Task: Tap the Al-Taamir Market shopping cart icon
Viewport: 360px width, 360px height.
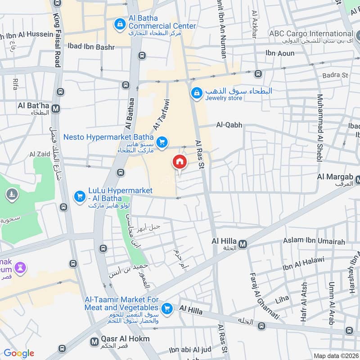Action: pos(167,308)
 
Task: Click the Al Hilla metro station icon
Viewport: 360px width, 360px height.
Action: pos(243,244)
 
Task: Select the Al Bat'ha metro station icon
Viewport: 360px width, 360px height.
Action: pos(56,108)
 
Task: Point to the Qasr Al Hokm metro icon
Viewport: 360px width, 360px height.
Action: pos(95,342)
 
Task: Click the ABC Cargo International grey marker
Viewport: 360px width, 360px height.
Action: pos(347,34)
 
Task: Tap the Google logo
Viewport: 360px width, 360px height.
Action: pos(19,353)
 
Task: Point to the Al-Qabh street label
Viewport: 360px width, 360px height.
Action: pos(229,125)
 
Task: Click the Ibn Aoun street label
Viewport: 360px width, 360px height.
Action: pos(280,53)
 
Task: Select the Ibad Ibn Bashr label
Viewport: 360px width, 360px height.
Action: pos(91,46)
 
